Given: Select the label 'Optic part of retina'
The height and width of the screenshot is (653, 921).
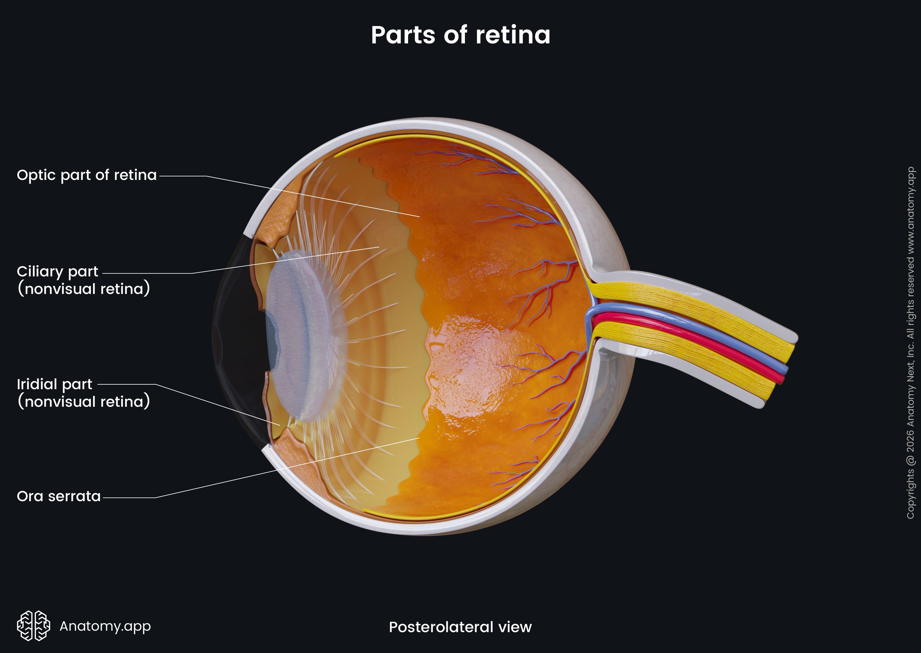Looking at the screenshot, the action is (x=87, y=175).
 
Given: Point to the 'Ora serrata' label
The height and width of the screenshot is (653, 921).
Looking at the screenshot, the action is (x=59, y=496).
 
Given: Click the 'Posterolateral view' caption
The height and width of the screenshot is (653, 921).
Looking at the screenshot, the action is (x=460, y=627).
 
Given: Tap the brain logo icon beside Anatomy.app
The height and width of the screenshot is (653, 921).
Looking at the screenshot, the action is (x=33, y=626).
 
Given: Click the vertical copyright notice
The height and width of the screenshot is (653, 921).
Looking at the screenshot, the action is (x=910, y=342).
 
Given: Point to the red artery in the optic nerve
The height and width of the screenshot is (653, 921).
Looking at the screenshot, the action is (x=688, y=346).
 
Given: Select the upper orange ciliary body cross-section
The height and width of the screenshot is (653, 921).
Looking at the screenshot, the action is (x=278, y=221).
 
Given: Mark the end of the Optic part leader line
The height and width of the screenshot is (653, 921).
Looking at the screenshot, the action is (x=419, y=217).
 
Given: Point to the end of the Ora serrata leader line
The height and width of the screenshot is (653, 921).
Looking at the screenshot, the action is (x=419, y=438).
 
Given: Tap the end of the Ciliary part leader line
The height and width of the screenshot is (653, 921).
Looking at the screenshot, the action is (x=379, y=247).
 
